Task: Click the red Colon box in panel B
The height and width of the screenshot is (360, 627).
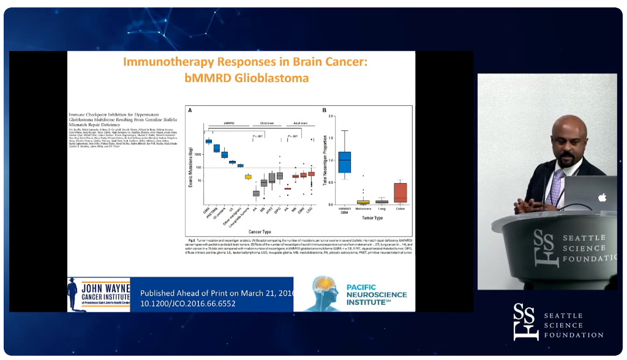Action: (401, 192)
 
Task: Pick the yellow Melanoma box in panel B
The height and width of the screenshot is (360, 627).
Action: (363, 201)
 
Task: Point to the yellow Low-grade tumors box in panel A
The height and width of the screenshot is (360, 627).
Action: (248, 177)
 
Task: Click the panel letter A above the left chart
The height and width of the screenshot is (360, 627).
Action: (190, 110)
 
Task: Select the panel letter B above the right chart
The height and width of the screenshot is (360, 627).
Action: (324, 110)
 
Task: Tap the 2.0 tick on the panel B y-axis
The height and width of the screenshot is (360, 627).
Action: (331, 116)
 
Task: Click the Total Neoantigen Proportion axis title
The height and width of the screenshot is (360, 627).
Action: (322, 160)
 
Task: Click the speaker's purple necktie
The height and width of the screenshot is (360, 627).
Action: (556, 186)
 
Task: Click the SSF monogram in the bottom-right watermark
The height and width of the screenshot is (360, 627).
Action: (525, 321)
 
